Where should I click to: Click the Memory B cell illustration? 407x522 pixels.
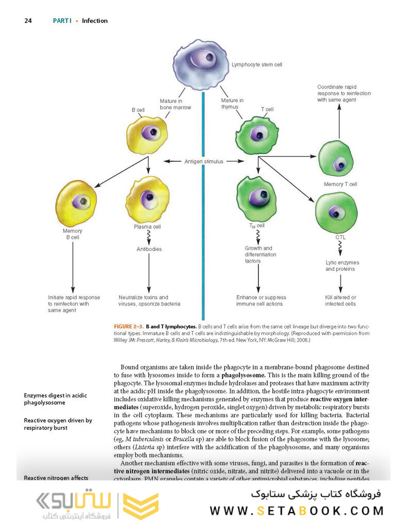click(77, 202)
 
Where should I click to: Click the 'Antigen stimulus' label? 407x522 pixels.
click(204, 161)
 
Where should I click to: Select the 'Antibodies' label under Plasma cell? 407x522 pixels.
click(149, 249)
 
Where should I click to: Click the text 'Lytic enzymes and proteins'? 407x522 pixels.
click(342, 266)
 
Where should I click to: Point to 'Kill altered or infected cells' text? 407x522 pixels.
click(340, 300)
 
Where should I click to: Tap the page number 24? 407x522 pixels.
click(28, 21)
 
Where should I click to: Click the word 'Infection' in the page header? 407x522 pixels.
click(95, 21)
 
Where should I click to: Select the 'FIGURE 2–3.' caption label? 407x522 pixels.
click(128, 327)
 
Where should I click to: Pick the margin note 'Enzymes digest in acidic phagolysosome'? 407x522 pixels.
click(55, 398)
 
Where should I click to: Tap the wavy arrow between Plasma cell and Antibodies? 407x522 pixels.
click(149, 237)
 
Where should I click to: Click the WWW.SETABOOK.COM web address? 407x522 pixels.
click(297, 511)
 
